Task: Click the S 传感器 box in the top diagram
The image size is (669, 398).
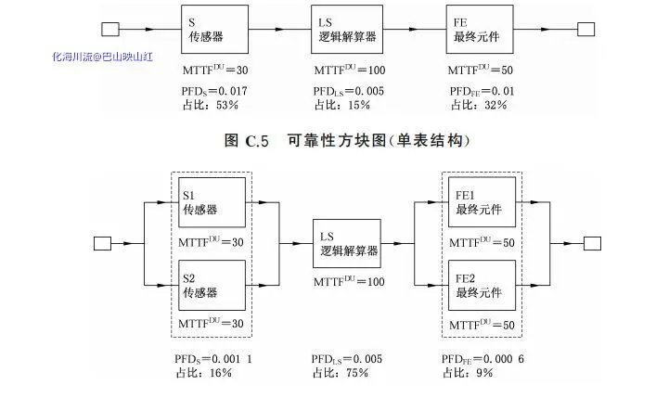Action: (x=215, y=30)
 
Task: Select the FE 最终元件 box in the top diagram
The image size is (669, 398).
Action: (x=480, y=30)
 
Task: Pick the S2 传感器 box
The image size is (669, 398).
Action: (x=212, y=286)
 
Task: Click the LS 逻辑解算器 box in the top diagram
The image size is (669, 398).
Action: (x=345, y=30)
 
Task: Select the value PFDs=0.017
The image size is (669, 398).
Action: (x=214, y=91)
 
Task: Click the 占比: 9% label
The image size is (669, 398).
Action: (x=468, y=373)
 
